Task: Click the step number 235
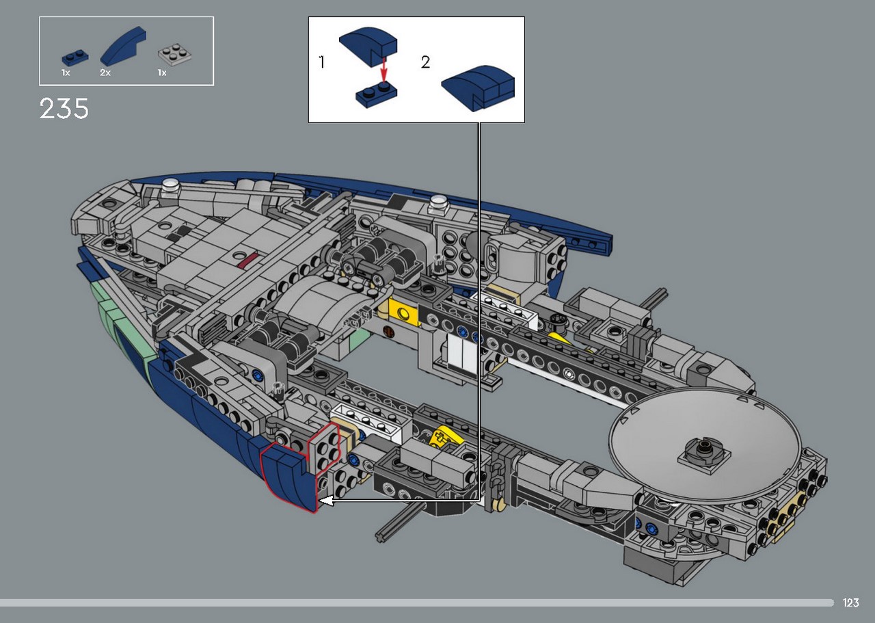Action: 64,108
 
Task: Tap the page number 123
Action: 851,602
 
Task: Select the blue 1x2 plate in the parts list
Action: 75,57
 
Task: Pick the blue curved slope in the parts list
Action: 124,45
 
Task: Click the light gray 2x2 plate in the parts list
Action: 174,53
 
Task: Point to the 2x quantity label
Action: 105,72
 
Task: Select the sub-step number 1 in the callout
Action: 322,62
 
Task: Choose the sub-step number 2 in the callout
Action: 425,62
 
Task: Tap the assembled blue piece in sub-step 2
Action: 478,88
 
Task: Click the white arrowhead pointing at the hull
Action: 326,501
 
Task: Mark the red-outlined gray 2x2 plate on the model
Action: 323,447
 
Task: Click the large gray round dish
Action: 705,447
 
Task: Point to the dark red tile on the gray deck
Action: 250,261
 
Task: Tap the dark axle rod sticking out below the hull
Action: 401,520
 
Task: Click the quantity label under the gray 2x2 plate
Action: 162,72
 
